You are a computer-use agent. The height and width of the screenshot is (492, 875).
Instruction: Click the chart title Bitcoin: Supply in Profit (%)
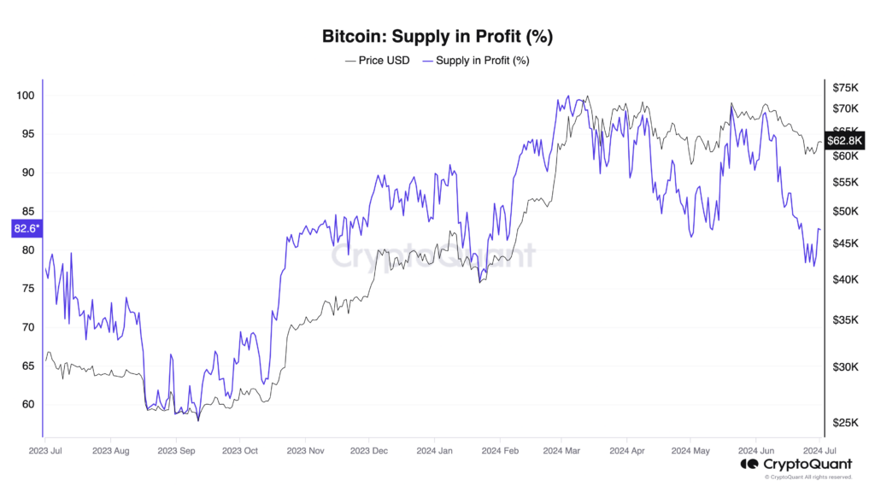pyautogui.click(x=437, y=37)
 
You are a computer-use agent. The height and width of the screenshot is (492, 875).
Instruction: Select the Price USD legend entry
pyautogui.click(x=377, y=61)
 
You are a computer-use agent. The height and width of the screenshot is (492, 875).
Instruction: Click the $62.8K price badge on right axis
pyautogui.click(x=847, y=139)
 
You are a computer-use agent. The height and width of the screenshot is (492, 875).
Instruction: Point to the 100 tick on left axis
pyautogui.click(x=25, y=95)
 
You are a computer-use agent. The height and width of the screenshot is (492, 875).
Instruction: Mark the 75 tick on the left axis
pyautogui.click(x=27, y=289)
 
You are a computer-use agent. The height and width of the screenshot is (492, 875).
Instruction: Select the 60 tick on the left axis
pyautogui.click(x=27, y=405)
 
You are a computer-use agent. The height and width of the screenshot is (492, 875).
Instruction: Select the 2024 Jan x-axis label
pyautogui.click(x=435, y=449)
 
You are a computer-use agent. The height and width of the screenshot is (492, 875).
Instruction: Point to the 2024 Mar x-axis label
pyautogui.click(x=562, y=449)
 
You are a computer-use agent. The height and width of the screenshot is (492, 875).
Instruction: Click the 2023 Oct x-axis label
pyautogui.click(x=240, y=449)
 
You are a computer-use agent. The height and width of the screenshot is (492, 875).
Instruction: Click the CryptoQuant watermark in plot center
pyautogui.click(x=432, y=255)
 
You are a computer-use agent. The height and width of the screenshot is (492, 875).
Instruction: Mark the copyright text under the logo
pyautogui.click(x=807, y=477)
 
